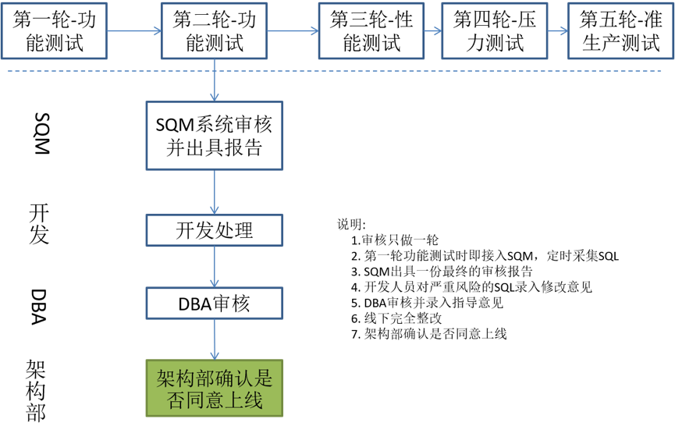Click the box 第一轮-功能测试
click(x=55, y=31)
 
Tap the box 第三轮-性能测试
click(x=371, y=31)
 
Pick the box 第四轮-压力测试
click(x=494, y=31)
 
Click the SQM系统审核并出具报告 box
click(x=215, y=136)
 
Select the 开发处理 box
click(x=215, y=231)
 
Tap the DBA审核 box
click(x=215, y=303)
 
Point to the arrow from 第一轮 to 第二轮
click(x=133, y=31)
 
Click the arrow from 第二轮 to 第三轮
click(x=293, y=31)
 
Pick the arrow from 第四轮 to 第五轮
click(x=558, y=31)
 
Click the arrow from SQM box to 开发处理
click(x=215, y=192)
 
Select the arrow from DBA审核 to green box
click(x=215, y=339)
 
